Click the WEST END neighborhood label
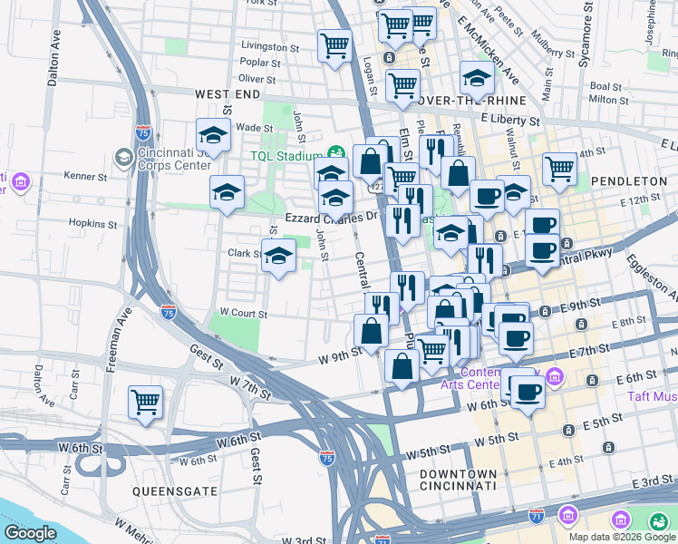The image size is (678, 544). (x=227, y=94)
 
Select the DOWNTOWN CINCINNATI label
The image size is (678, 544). (x=458, y=480)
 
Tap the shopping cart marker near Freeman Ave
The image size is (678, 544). (x=145, y=403)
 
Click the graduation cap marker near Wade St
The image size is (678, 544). (x=214, y=136)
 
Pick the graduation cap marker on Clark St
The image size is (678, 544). (x=279, y=256)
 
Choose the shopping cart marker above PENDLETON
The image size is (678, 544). (x=560, y=168)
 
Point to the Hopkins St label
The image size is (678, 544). (x=93, y=223)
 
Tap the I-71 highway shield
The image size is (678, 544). (x=537, y=515)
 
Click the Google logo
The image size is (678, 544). (x=31, y=533)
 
